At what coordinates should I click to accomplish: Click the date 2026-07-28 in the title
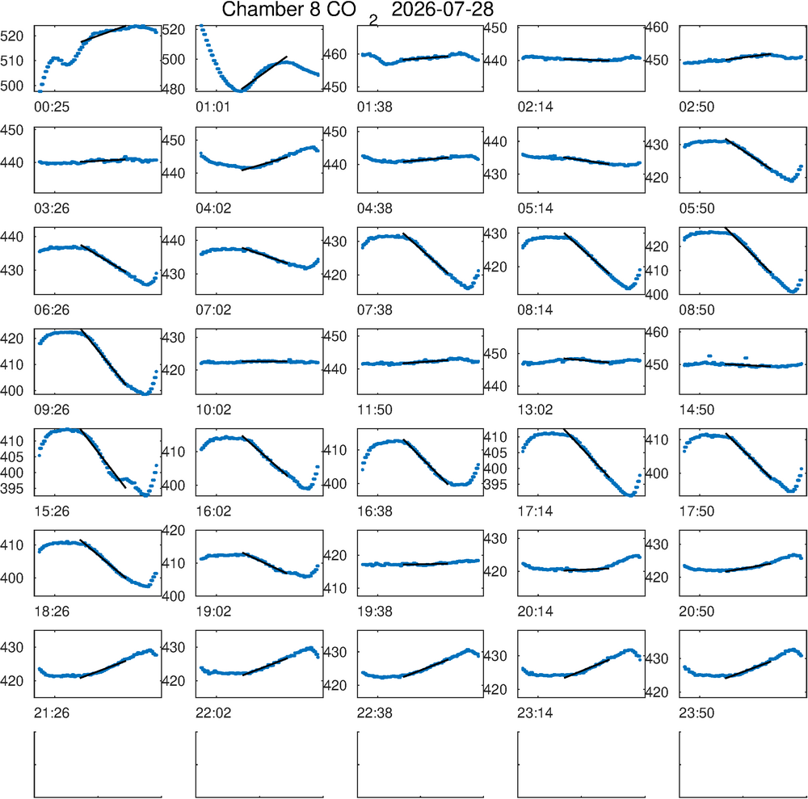(442, 9)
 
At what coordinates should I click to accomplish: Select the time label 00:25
(52, 107)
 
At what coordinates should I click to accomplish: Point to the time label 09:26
(52, 410)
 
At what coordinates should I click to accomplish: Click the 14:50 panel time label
(696, 410)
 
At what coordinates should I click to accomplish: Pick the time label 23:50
(696, 713)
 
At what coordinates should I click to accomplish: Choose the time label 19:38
(375, 612)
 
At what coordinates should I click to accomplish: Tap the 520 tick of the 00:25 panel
(12, 36)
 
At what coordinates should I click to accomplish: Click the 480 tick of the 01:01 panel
(173, 89)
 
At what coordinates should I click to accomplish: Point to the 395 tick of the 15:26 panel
(12, 488)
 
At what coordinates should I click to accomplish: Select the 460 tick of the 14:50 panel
(657, 332)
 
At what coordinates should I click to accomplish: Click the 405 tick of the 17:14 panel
(494, 452)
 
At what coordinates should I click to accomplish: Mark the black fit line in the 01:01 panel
(264, 73)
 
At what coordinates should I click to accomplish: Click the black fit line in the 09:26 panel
(103, 356)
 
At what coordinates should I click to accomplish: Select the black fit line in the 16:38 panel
(426, 462)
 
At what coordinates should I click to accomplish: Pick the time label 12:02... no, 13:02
(536, 410)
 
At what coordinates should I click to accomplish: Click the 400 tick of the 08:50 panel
(657, 295)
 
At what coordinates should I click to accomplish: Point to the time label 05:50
(696, 208)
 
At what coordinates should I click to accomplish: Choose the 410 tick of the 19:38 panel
(335, 588)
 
